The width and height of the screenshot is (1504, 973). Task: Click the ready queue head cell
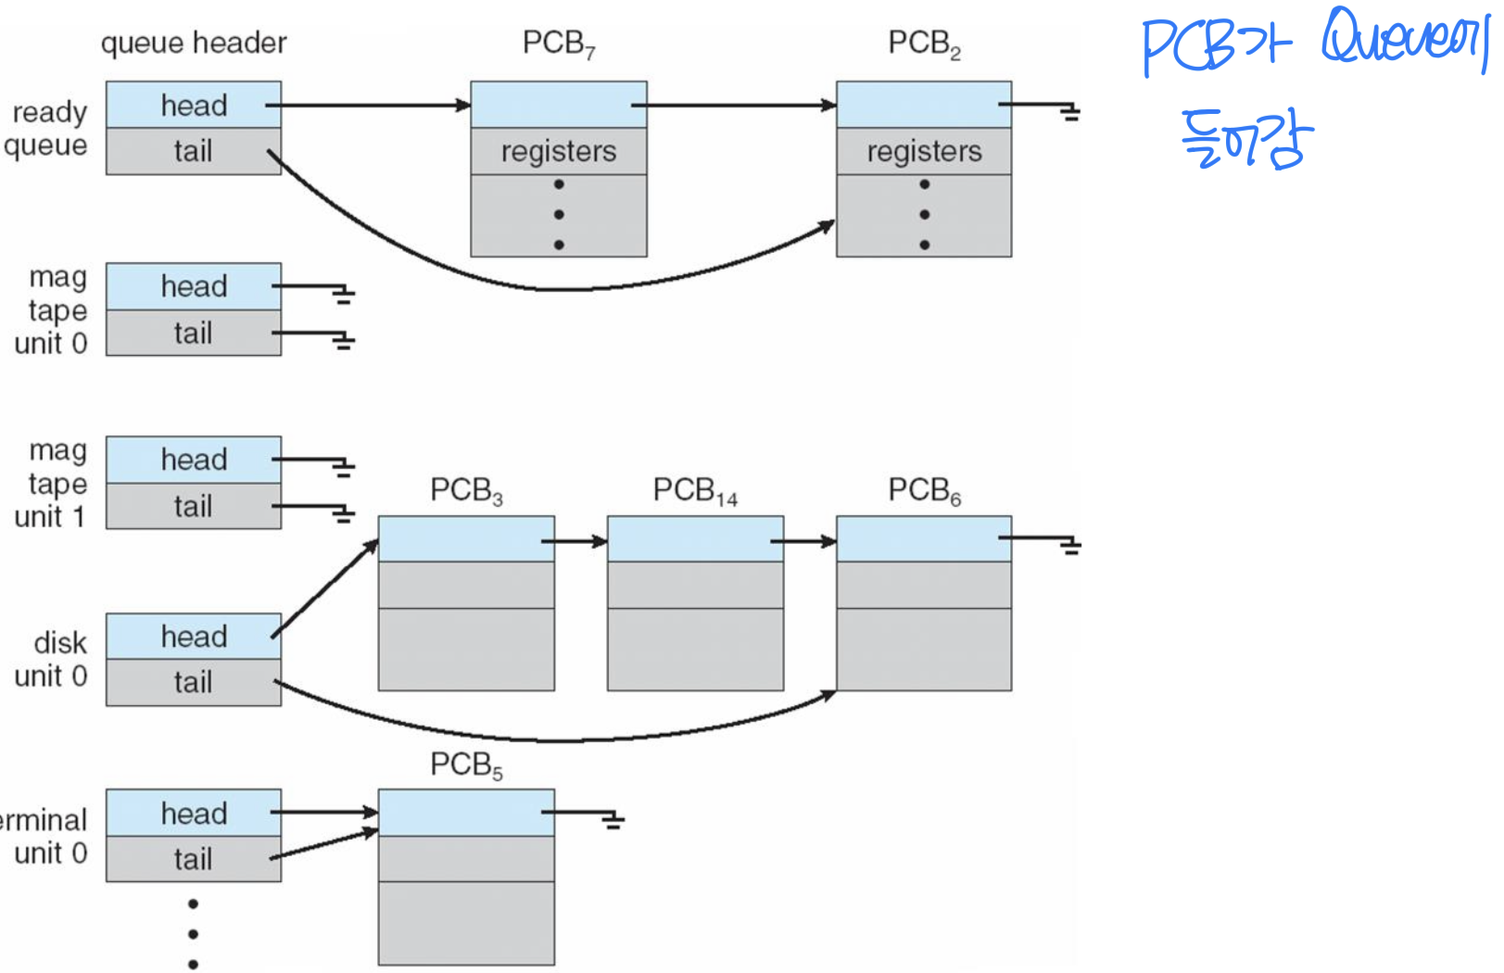pos(194,105)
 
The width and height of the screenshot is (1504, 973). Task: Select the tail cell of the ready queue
pos(194,151)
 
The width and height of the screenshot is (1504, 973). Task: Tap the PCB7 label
pos(559,44)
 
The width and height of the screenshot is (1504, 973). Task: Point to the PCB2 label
pos(924,44)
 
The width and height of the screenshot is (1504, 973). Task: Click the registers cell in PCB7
pos(559,151)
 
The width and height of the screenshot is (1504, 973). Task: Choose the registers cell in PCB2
pos(924,151)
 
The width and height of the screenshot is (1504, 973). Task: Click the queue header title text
pos(194,43)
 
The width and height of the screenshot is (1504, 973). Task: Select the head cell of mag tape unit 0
pos(194,286)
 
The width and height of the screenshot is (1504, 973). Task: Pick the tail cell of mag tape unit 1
pos(194,506)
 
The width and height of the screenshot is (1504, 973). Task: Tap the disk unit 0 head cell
pos(194,637)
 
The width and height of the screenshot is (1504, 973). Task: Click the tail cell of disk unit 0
pos(194,682)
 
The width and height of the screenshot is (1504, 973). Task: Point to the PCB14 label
pos(695,490)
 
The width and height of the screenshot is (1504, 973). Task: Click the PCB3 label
pos(466,490)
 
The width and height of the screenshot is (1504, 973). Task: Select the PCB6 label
pos(924,490)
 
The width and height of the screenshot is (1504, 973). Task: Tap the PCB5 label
pos(466,765)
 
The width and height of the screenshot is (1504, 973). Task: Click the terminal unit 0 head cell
pos(194,814)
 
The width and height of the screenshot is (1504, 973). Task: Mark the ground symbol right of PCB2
pos(1070,113)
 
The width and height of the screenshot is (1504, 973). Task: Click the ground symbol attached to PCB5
pos(613,820)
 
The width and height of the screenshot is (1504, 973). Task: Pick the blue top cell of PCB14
pos(695,539)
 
